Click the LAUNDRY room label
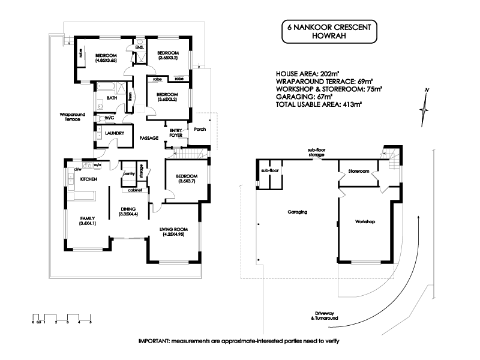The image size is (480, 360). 114,133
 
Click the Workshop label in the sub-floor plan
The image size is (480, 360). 364,222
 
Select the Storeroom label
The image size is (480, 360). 358,172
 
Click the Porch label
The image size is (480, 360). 200,129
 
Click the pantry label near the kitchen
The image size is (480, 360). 128,174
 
